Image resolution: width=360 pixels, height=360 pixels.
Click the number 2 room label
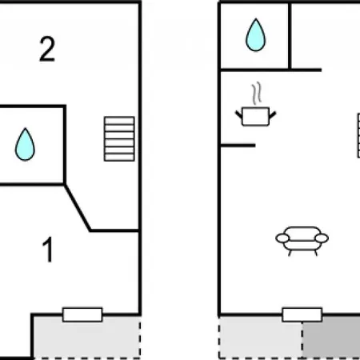47,49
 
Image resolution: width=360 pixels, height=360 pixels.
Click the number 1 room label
48,250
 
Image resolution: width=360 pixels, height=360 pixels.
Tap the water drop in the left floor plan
25,144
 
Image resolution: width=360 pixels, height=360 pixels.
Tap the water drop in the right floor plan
256,35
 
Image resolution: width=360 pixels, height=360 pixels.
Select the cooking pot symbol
255,116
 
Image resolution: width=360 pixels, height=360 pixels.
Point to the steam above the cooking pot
256,93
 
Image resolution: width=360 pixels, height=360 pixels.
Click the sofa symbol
302,241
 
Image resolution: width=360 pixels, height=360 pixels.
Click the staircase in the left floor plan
119,139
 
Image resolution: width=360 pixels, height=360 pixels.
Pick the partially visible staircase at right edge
358,135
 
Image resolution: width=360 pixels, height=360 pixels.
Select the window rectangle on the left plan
82,314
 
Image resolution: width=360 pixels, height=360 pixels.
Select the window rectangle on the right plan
302,314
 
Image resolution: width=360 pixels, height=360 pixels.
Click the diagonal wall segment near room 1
78,207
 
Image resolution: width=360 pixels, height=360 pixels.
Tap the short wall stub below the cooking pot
238,146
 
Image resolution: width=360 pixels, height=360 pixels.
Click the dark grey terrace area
331,338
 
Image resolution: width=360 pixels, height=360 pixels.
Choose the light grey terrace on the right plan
261,338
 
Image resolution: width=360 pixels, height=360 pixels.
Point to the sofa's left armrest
282,238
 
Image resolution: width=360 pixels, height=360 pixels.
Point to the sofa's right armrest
322,238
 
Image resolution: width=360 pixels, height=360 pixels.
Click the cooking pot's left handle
238,115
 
